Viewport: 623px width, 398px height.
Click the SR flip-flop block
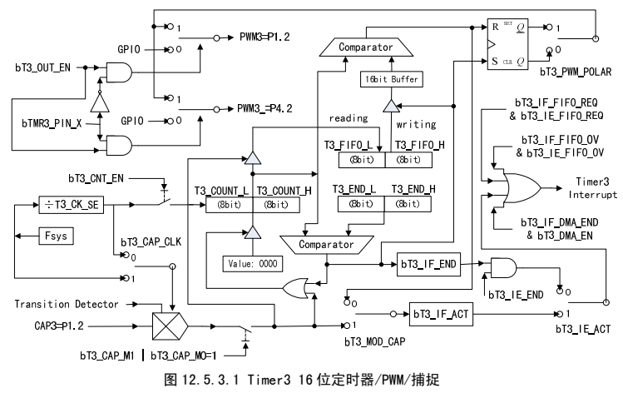pos(510,42)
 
